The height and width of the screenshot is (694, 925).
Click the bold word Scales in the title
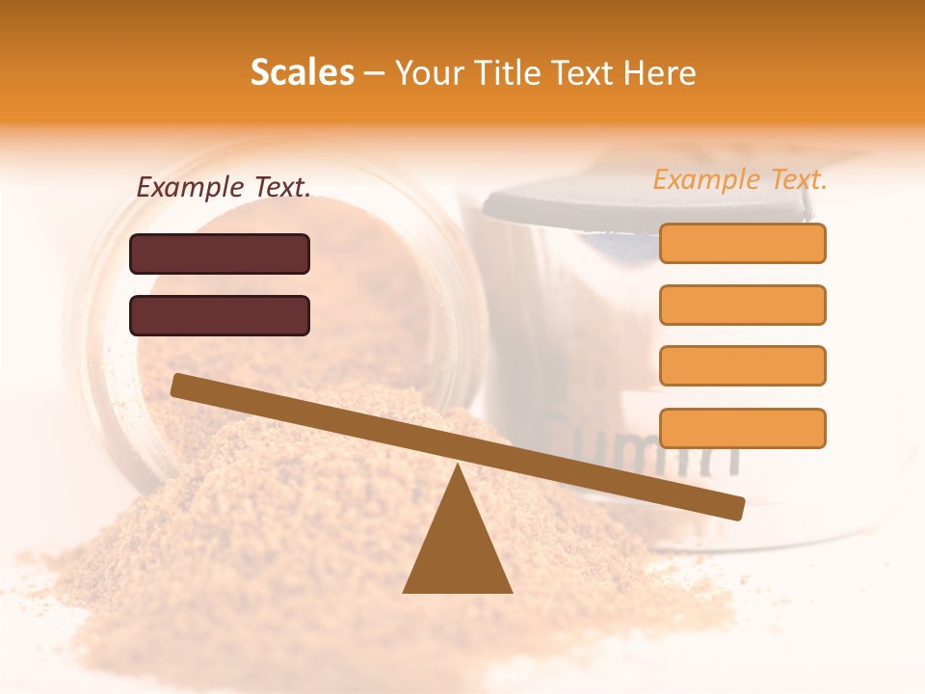click(302, 72)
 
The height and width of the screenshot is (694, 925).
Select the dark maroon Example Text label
click(224, 188)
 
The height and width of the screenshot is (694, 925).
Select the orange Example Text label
click(740, 179)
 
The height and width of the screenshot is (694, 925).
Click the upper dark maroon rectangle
click(220, 254)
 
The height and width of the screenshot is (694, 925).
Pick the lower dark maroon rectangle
click(220, 315)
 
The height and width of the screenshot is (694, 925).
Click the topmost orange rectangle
click(742, 243)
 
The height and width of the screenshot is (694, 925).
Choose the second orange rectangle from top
click(742, 305)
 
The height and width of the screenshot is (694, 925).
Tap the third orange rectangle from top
click(742, 366)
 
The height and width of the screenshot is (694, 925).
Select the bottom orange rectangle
click(742, 428)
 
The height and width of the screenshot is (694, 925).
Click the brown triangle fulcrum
click(457, 549)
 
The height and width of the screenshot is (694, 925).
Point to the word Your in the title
click(428, 72)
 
